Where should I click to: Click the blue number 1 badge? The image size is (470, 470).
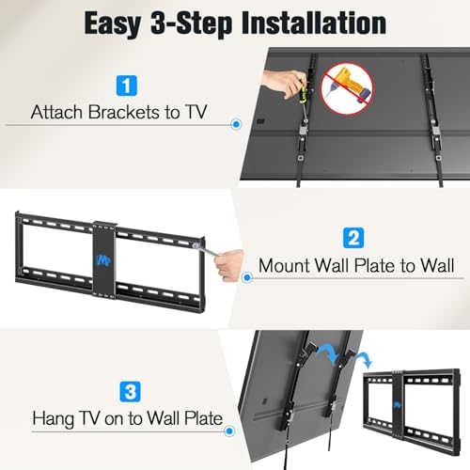(127, 86)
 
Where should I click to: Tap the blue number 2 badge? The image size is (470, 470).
(353, 238)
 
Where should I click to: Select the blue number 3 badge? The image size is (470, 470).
(131, 391)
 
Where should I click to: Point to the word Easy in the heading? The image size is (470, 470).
(113, 24)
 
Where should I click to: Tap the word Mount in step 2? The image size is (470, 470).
(284, 265)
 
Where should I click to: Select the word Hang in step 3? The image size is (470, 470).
(53, 419)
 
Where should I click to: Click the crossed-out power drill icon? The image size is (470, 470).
(348, 87)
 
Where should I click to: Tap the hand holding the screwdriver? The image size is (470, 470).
(282, 83)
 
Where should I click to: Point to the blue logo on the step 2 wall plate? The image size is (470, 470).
(104, 259)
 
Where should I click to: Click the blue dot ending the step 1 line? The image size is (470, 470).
(236, 124)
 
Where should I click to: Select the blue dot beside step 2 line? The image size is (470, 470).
(247, 277)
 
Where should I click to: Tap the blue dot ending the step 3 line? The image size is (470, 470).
(229, 431)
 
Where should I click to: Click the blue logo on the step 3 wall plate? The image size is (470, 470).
(398, 405)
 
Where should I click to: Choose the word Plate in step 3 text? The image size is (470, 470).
(203, 418)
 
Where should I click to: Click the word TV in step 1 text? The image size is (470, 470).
(196, 112)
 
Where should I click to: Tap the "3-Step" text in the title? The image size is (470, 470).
(191, 24)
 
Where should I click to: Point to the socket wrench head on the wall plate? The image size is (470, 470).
(196, 246)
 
